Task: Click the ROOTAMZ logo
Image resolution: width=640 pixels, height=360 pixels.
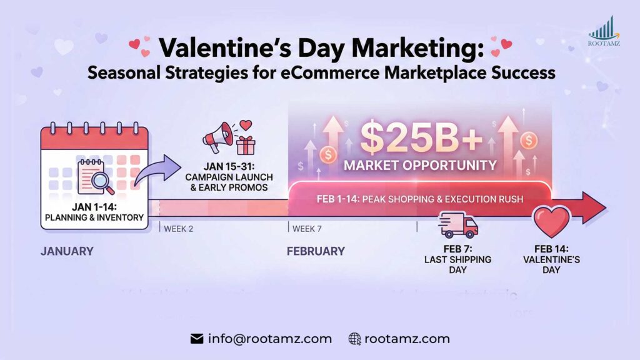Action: pos(604,32)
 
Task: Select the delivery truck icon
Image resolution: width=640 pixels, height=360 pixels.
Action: pos(459,225)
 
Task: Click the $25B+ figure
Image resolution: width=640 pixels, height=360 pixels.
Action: pos(421,140)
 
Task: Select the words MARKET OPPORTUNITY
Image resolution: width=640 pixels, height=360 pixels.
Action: pos(420,166)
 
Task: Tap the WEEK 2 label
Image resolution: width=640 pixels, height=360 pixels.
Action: pos(178,229)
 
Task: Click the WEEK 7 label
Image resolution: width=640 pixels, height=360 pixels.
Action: pos(307,229)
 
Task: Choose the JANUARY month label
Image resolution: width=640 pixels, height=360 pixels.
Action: pos(67,251)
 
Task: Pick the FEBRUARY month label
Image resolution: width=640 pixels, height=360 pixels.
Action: pos(316,251)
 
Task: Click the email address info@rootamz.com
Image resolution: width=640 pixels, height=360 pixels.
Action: pos(269,339)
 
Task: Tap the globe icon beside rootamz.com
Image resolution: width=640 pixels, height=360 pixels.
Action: pos(355,339)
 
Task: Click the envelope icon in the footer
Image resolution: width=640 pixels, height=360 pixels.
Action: pos(197,339)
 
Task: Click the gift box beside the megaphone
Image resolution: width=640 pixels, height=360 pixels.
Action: pos(246,146)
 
